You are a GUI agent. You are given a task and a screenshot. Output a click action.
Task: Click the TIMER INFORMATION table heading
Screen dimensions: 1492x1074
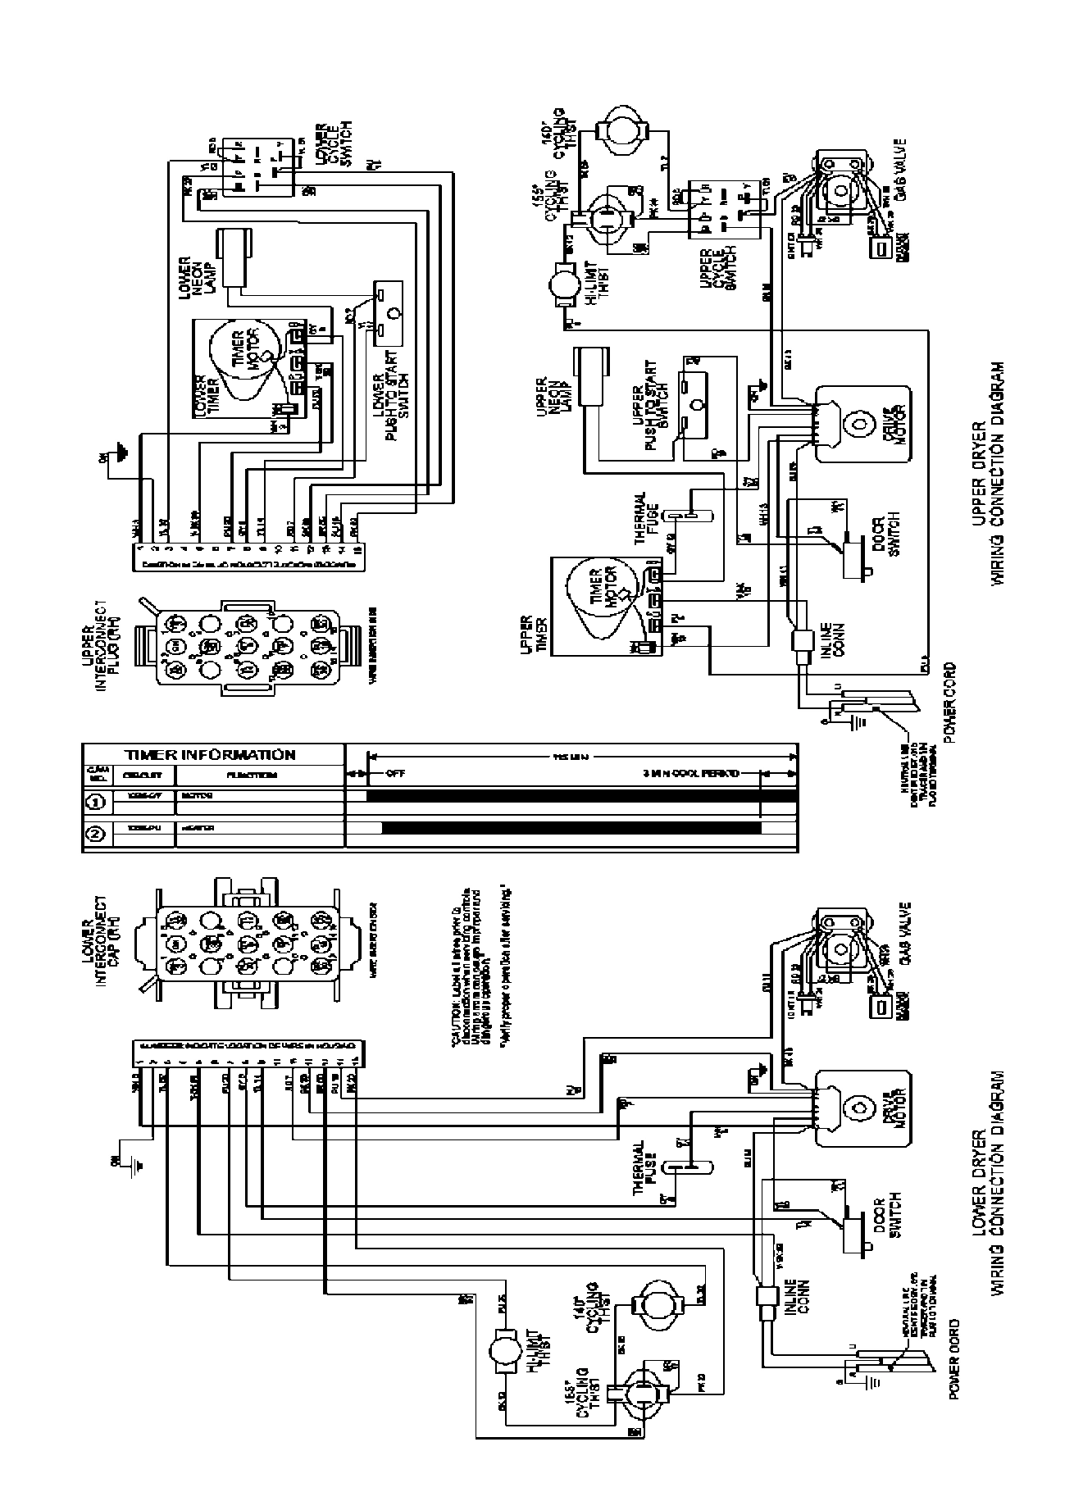tap(210, 754)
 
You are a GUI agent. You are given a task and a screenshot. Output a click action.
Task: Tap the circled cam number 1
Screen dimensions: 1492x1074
tap(96, 800)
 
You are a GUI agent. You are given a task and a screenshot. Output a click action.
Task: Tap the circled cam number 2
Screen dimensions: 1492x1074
tap(96, 835)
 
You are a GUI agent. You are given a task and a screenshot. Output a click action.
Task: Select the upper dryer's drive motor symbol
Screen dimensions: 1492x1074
tap(859, 424)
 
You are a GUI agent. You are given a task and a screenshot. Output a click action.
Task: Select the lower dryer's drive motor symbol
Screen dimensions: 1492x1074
tap(859, 1108)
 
